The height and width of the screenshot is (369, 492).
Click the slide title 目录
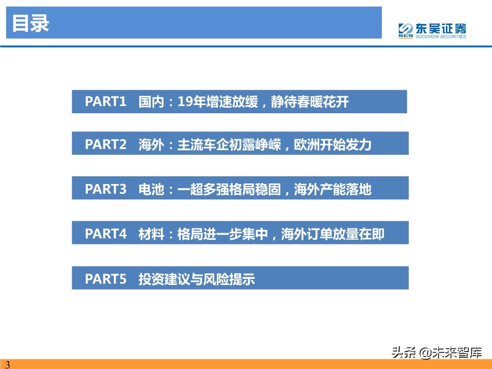30,24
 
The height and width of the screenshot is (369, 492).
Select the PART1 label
106,101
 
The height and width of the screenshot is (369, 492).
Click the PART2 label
106,145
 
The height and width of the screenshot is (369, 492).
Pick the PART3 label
106,190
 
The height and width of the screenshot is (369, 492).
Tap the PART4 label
106,234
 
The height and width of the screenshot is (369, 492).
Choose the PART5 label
106,279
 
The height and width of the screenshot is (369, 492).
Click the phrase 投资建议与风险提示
197,279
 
